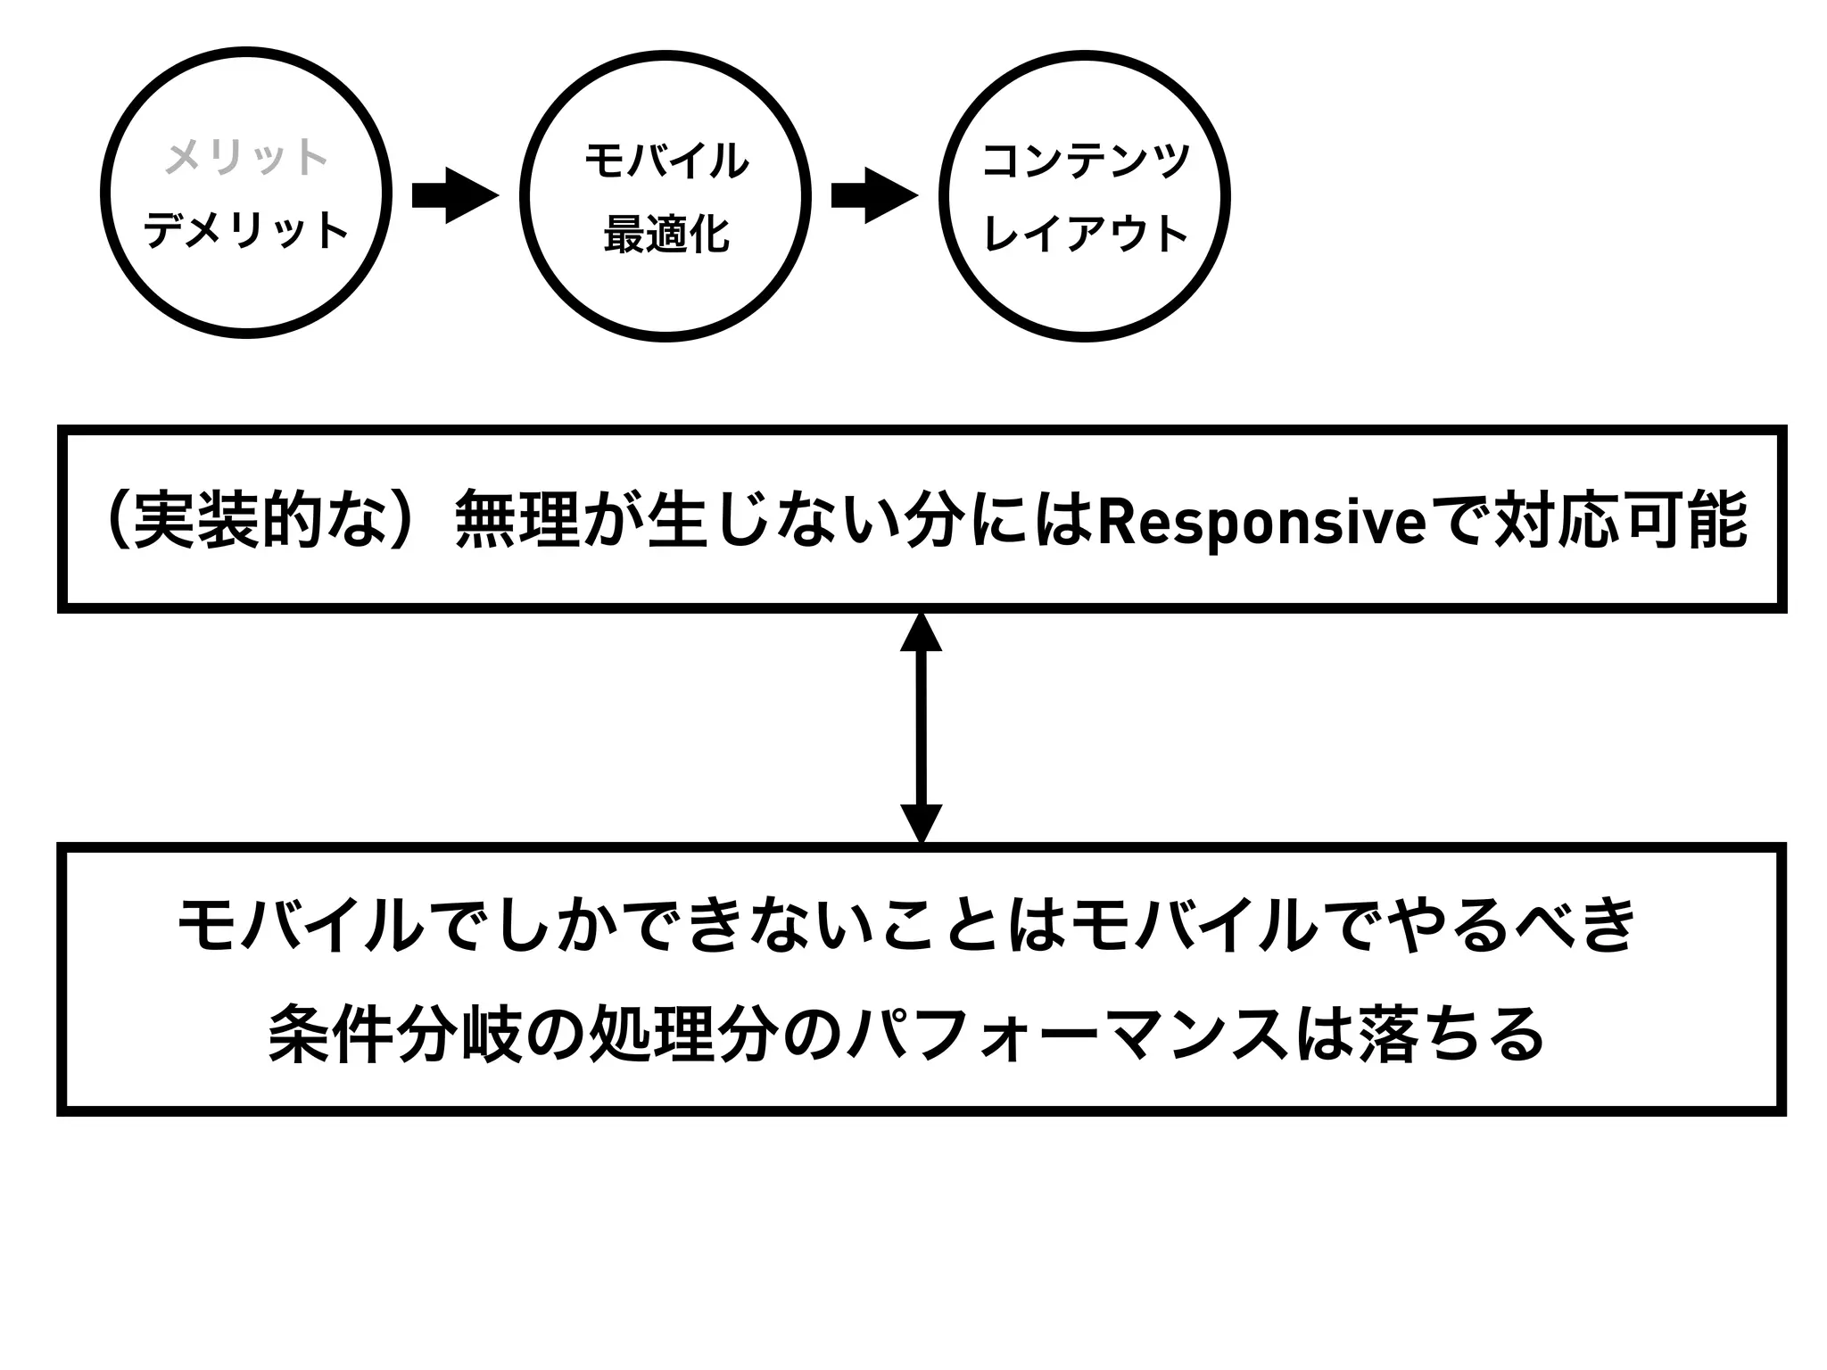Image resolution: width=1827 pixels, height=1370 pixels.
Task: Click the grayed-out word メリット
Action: (246, 158)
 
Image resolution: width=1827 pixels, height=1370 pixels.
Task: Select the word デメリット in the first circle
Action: (246, 230)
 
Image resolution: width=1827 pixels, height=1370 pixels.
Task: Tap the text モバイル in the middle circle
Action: (665, 161)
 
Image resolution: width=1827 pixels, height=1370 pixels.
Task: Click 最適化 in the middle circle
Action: (665, 235)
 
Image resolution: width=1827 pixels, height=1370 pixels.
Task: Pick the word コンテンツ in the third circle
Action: (1086, 161)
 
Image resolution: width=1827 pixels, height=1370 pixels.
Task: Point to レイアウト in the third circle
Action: (1086, 234)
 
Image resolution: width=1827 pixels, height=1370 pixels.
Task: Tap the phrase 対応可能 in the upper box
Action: (1619, 521)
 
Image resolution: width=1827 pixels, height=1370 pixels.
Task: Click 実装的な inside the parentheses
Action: (259, 521)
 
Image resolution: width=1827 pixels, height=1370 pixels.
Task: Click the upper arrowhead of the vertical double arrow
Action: (921, 632)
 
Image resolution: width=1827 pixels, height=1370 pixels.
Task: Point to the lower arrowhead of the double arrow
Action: (921, 822)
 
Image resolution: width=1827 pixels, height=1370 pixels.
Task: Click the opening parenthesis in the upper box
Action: (117, 521)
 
